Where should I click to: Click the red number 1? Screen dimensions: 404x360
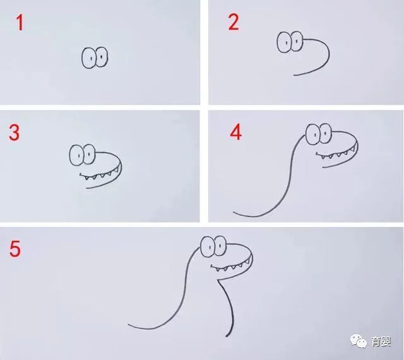(x=20, y=23)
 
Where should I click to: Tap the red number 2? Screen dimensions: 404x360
(x=234, y=22)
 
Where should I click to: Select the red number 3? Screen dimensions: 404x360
(x=14, y=132)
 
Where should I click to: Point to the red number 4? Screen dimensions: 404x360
(x=235, y=132)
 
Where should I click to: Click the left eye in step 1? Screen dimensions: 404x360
(x=89, y=58)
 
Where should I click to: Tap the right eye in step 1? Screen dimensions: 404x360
(x=102, y=57)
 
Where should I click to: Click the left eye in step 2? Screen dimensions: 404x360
(x=285, y=42)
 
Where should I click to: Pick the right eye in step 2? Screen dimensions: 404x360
(x=297, y=41)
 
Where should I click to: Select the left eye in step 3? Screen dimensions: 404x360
(x=77, y=155)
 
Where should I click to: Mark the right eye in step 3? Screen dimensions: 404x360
(x=90, y=154)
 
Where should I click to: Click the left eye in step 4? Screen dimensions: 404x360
(x=313, y=134)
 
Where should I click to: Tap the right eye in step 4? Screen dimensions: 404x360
(x=326, y=133)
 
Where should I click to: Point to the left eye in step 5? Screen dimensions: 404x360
(x=208, y=247)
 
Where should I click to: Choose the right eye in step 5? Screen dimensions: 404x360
(x=221, y=246)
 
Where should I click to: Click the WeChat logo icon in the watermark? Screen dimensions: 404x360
(x=359, y=341)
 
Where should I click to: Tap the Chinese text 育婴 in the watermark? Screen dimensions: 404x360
(x=381, y=342)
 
